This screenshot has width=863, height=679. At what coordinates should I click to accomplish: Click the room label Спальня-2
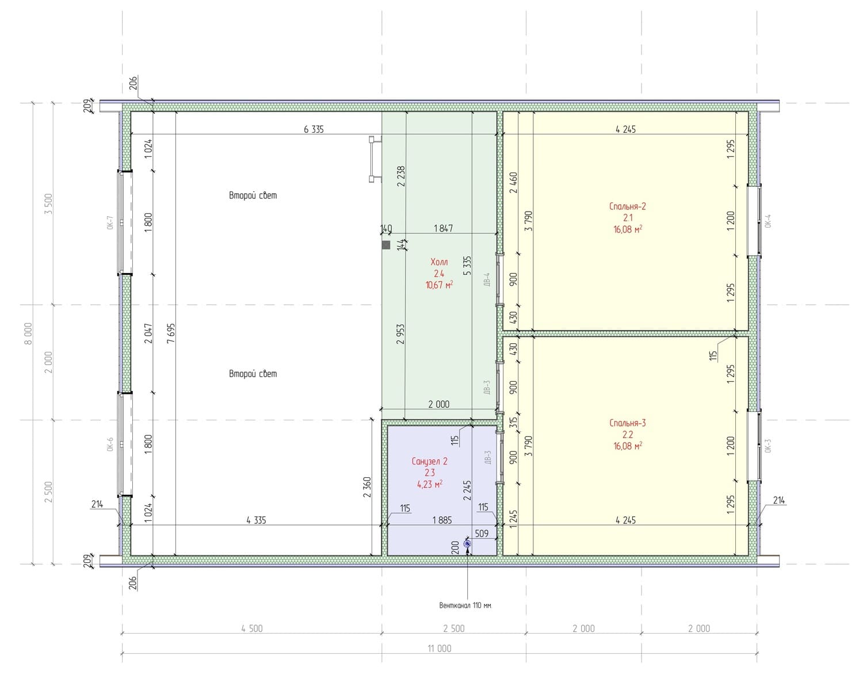627,206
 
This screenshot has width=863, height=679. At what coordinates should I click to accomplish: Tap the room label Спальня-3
627,423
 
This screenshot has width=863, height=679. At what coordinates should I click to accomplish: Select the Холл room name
439,262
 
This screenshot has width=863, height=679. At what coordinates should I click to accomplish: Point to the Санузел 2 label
430,461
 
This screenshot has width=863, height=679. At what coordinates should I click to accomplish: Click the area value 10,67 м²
439,285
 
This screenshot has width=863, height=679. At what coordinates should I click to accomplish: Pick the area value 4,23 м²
430,484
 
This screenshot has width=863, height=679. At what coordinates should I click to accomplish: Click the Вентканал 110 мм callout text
465,605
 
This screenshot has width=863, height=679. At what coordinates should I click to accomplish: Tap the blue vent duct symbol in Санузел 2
467,543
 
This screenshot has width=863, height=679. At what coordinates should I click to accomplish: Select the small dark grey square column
386,245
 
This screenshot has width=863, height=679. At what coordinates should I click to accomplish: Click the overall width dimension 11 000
439,649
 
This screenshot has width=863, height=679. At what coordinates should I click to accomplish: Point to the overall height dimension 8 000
28,333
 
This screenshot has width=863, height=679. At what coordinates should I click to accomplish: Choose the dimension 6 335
314,129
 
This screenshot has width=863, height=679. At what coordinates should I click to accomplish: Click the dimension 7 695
171,333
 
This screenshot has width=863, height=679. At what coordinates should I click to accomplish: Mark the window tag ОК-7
110,223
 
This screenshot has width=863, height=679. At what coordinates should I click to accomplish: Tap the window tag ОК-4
768,221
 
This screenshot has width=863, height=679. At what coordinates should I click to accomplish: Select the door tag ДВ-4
487,279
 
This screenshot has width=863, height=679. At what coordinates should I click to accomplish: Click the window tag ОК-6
110,444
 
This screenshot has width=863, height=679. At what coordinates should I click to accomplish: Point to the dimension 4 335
256,520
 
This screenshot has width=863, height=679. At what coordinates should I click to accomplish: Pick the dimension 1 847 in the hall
443,228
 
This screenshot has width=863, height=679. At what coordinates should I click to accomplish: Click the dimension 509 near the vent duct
482,534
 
